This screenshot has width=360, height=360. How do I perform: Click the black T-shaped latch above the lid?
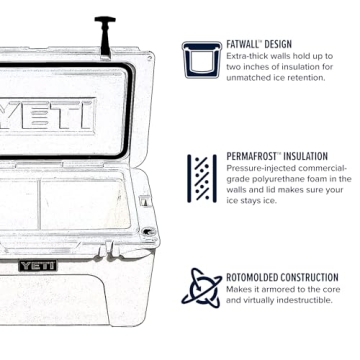pos(104,31)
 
